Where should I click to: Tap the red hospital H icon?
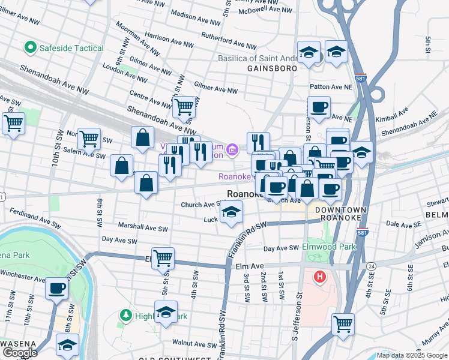point(320,277)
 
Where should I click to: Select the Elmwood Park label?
point(329,246)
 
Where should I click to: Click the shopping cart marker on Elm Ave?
point(163,258)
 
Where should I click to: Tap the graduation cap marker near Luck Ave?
point(231,212)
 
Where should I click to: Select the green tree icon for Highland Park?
point(125,314)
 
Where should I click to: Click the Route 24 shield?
point(372,265)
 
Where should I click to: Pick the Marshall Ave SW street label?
point(143,228)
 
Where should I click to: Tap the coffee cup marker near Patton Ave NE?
point(319,107)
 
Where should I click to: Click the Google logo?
point(20,353)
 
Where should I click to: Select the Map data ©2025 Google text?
point(412,355)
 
